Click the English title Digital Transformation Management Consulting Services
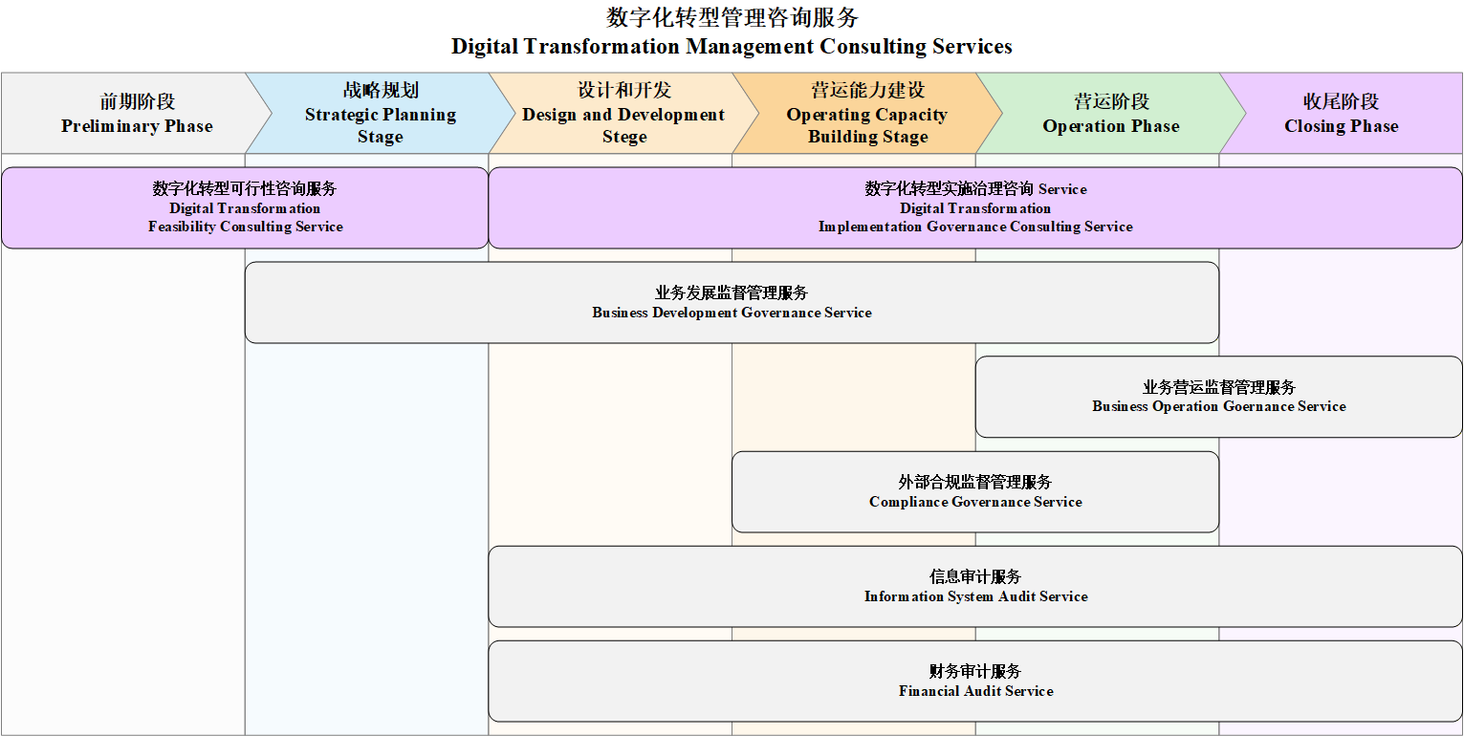pos(732,47)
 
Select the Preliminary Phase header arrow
pos(131,113)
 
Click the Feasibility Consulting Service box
pos(245,207)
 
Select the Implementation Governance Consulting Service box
pos(975,207)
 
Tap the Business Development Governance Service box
pos(732,302)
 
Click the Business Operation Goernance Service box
pos(1219,397)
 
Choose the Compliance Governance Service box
pos(975,491)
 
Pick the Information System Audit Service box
pos(975,587)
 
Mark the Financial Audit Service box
pos(975,682)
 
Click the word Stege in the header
pos(624,137)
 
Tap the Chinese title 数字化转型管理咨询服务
pos(732,17)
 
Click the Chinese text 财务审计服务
pos(975,671)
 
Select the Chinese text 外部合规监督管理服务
pos(975,482)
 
